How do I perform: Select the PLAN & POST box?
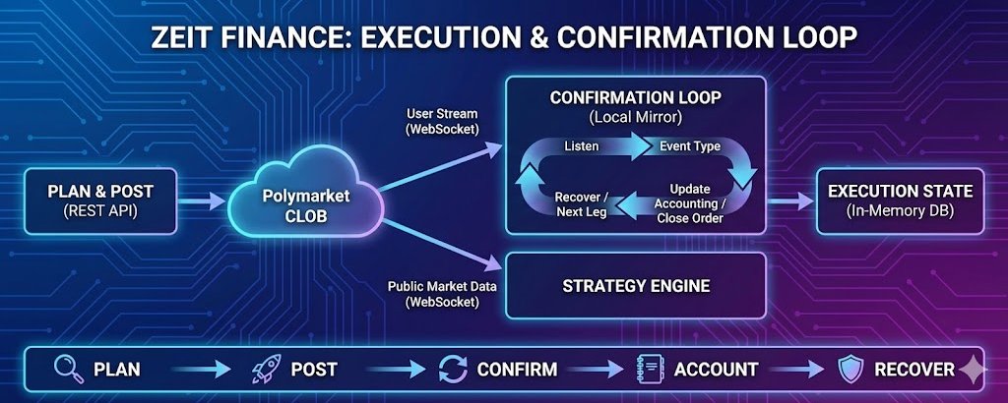(x=100, y=201)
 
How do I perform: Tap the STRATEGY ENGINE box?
(x=635, y=286)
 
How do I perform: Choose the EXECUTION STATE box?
(x=900, y=201)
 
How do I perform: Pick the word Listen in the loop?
(x=581, y=146)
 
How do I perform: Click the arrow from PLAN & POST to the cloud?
(x=204, y=201)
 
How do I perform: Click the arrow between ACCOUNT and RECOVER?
(x=798, y=371)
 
